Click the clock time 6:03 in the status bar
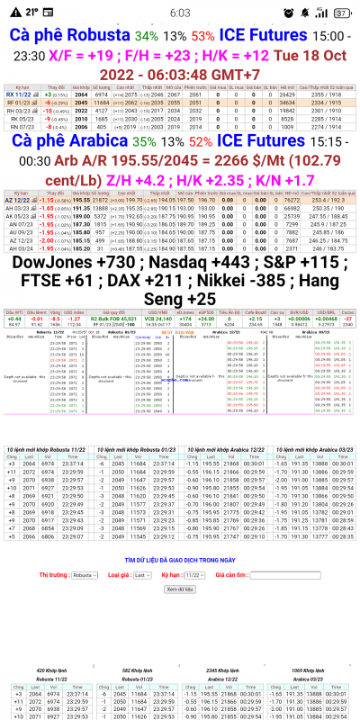click(x=179, y=13)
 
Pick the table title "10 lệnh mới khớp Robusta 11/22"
click(x=46, y=448)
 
